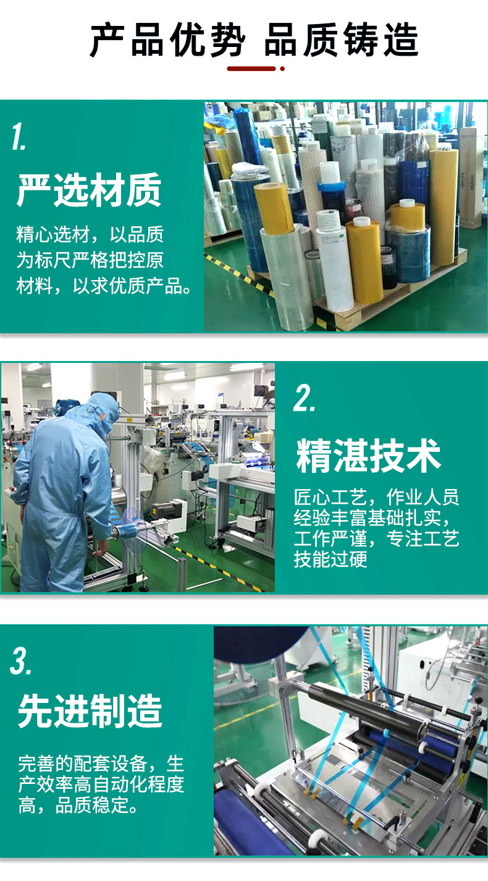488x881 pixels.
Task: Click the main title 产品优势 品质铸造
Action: click(x=253, y=41)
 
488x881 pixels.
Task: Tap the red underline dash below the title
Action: click(x=251, y=69)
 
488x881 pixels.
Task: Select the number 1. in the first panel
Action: click(x=19, y=137)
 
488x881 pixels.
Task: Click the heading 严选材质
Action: click(x=89, y=190)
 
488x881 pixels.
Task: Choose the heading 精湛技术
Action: click(x=369, y=456)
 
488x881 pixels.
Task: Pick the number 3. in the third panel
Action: click(x=21, y=662)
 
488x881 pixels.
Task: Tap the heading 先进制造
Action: click(x=90, y=711)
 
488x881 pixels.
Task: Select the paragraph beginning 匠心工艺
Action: click(x=377, y=528)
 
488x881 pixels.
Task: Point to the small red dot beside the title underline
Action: click(x=282, y=69)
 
